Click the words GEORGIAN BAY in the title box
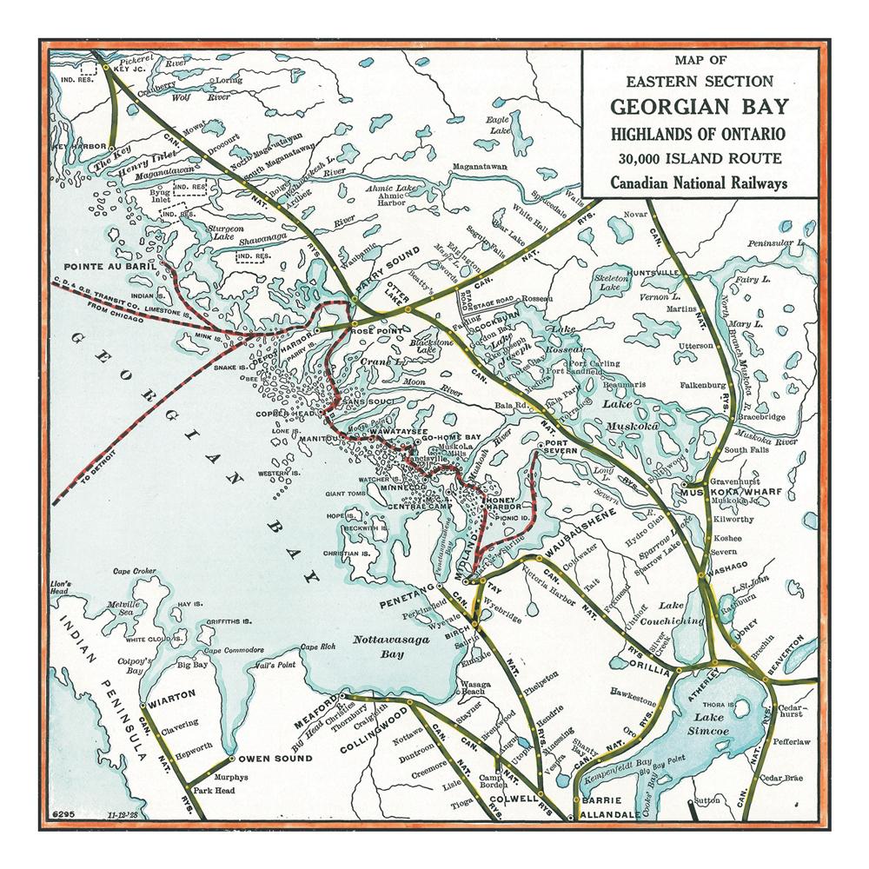click(x=699, y=108)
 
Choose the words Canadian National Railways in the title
click(x=699, y=182)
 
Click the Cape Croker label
click(x=133, y=571)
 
